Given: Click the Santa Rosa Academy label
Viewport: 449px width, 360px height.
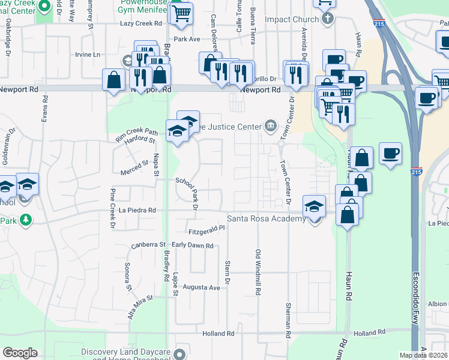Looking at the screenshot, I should coord(266,219).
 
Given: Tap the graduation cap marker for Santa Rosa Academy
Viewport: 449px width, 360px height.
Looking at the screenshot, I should coord(313,207).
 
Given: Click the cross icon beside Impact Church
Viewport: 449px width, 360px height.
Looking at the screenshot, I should coord(327,19).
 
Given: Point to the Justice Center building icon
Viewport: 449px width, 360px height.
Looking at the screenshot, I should coord(271,126).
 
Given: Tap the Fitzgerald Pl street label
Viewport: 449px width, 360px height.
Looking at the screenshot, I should coord(206,228).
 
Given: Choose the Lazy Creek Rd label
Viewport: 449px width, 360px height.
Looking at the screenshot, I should coord(141,23).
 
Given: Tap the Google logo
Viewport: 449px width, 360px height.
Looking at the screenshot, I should coord(20,353).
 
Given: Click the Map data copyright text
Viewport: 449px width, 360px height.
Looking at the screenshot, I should coord(423,355).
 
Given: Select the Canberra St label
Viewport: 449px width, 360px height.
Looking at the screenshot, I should coord(148,245).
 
